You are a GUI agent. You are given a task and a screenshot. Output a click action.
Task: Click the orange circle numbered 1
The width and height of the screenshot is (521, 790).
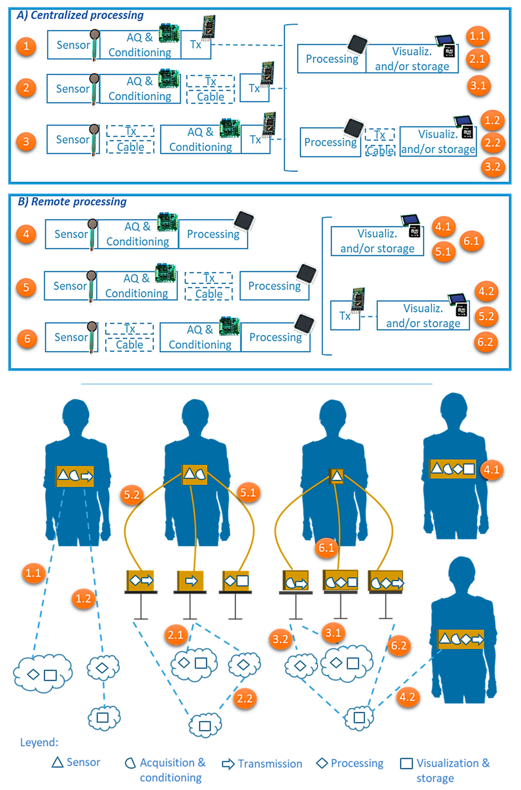click(26, 46)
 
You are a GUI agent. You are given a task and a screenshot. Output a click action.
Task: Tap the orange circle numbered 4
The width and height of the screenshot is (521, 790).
click(26, 234)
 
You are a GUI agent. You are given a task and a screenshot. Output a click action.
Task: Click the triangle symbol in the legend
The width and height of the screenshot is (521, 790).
click(57, 762)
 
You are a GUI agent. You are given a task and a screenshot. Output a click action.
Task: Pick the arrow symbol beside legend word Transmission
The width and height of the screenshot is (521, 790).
click(228, 764)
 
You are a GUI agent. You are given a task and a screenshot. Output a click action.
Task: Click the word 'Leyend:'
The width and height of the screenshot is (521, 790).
click(39, 742)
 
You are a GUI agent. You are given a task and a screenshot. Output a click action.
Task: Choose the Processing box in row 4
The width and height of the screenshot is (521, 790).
click(213, 234)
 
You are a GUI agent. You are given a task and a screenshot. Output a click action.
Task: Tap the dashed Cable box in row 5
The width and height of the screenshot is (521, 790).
click(209, 294)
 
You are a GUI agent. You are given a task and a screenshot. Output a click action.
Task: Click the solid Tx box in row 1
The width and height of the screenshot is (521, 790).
click(196, 45)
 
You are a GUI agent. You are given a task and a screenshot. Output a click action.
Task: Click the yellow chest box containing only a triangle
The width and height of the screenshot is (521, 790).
click(336, 476)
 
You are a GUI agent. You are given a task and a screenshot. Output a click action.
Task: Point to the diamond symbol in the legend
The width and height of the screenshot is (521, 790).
click(322, 763)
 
